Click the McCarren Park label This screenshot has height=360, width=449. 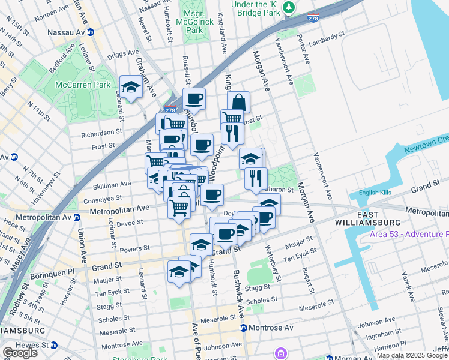[83, 85]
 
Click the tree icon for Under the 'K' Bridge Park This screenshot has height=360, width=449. [289, 7]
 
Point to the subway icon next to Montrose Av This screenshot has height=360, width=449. [243, 328]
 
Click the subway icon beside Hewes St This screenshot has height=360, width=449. [53, 345]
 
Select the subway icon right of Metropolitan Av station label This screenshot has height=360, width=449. [77, 217]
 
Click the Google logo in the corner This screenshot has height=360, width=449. [20, 353]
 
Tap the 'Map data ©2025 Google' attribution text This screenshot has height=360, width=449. [412, 355]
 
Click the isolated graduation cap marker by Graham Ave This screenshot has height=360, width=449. [131, 87]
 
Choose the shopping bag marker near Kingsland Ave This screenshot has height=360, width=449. [238, 101]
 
